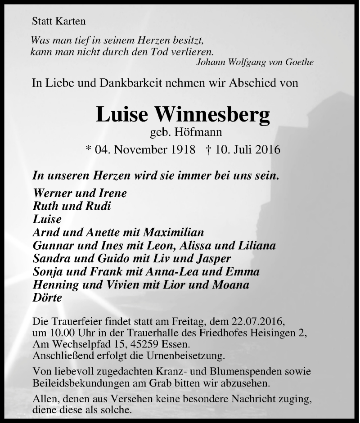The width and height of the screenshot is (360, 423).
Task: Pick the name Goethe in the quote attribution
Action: [x=299, y=62]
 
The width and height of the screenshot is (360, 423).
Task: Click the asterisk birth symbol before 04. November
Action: [x=88, y=148]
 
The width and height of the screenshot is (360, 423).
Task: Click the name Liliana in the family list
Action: [x=256, y=245]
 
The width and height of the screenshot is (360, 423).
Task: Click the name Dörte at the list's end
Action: [x=47, y=297]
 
